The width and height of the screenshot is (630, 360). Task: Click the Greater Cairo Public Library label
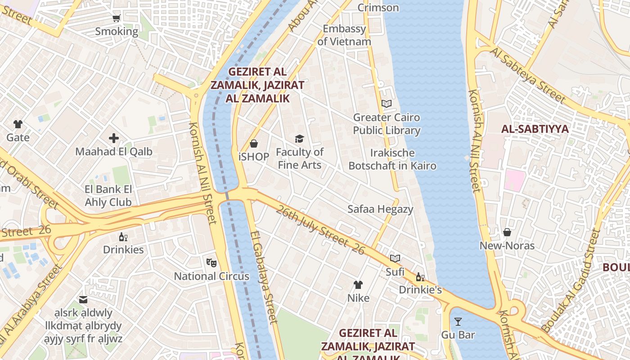[x=387, y=124]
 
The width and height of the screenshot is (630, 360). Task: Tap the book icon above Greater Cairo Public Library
[x=387, y=104]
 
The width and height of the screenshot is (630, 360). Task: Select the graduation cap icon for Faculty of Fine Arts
[x=299, y=139]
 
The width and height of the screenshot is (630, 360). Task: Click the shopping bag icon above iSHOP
[x=254, y=144]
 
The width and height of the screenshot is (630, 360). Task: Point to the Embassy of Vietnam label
[x=344, y=35]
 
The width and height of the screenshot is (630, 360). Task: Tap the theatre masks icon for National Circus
[x=211, y=262]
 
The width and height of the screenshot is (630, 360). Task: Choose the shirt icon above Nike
[x=358, y=284]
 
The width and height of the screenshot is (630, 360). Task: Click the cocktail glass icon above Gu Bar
[x=458, y=321]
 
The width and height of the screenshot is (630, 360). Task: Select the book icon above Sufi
[x=395, y=259]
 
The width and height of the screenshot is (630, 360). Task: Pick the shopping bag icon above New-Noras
[x=507, y=232]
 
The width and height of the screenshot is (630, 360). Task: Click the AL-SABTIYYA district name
[x=535, y=129]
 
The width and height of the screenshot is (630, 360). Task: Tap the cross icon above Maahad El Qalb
[x=114, y=138]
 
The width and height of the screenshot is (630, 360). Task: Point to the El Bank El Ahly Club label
[x=108, y=196]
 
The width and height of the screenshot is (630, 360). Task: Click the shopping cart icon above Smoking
[x=117, y=18]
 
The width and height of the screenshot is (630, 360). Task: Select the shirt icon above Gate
[x=18, y=124]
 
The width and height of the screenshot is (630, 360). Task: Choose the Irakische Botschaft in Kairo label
[x=392, y=159]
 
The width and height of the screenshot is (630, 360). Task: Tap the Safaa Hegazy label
[x=380, y=209]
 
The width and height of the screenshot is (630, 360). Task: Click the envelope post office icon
[x=83, y=300]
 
